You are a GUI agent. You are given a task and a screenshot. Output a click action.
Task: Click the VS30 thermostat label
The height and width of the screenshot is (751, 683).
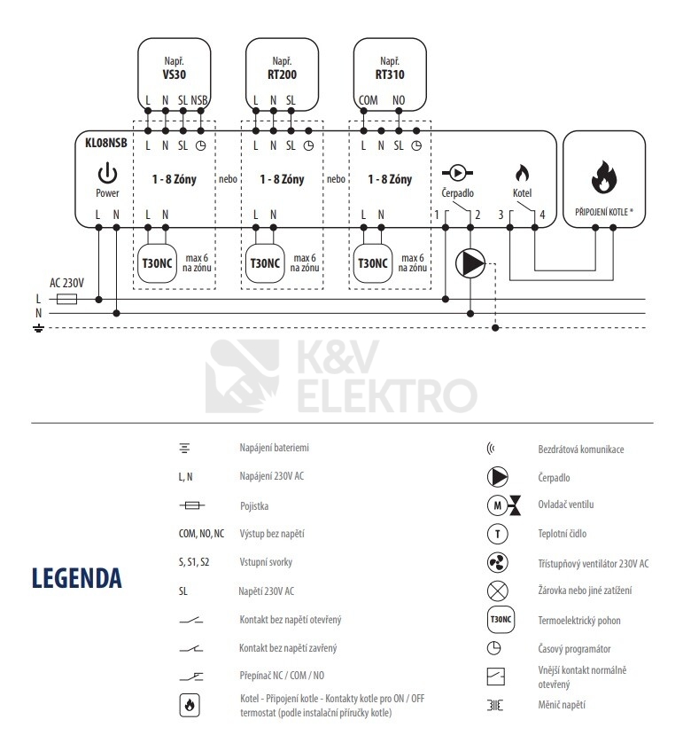coord(175,75)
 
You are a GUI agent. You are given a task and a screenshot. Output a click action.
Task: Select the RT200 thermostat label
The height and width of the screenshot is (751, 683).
coord(283,75)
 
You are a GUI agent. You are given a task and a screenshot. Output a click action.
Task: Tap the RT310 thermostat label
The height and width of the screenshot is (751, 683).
coord(390,75)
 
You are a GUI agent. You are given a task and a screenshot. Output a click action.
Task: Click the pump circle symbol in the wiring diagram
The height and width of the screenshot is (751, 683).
coord(470,262)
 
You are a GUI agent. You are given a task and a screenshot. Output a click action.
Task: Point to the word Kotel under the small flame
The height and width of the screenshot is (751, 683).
coord(522,192)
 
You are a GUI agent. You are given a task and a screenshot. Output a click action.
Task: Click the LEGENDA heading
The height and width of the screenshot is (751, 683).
coord(76,578)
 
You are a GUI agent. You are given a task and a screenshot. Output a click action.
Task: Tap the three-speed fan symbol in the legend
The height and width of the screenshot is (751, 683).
coord(498,563)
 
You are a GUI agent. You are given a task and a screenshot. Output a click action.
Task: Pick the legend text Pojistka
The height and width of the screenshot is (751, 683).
coord(253,506)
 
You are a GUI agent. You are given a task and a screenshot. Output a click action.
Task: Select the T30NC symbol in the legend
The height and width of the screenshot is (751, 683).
coord(498,619)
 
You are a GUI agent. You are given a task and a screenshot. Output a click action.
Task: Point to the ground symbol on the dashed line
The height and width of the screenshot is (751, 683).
coord(38,328)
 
